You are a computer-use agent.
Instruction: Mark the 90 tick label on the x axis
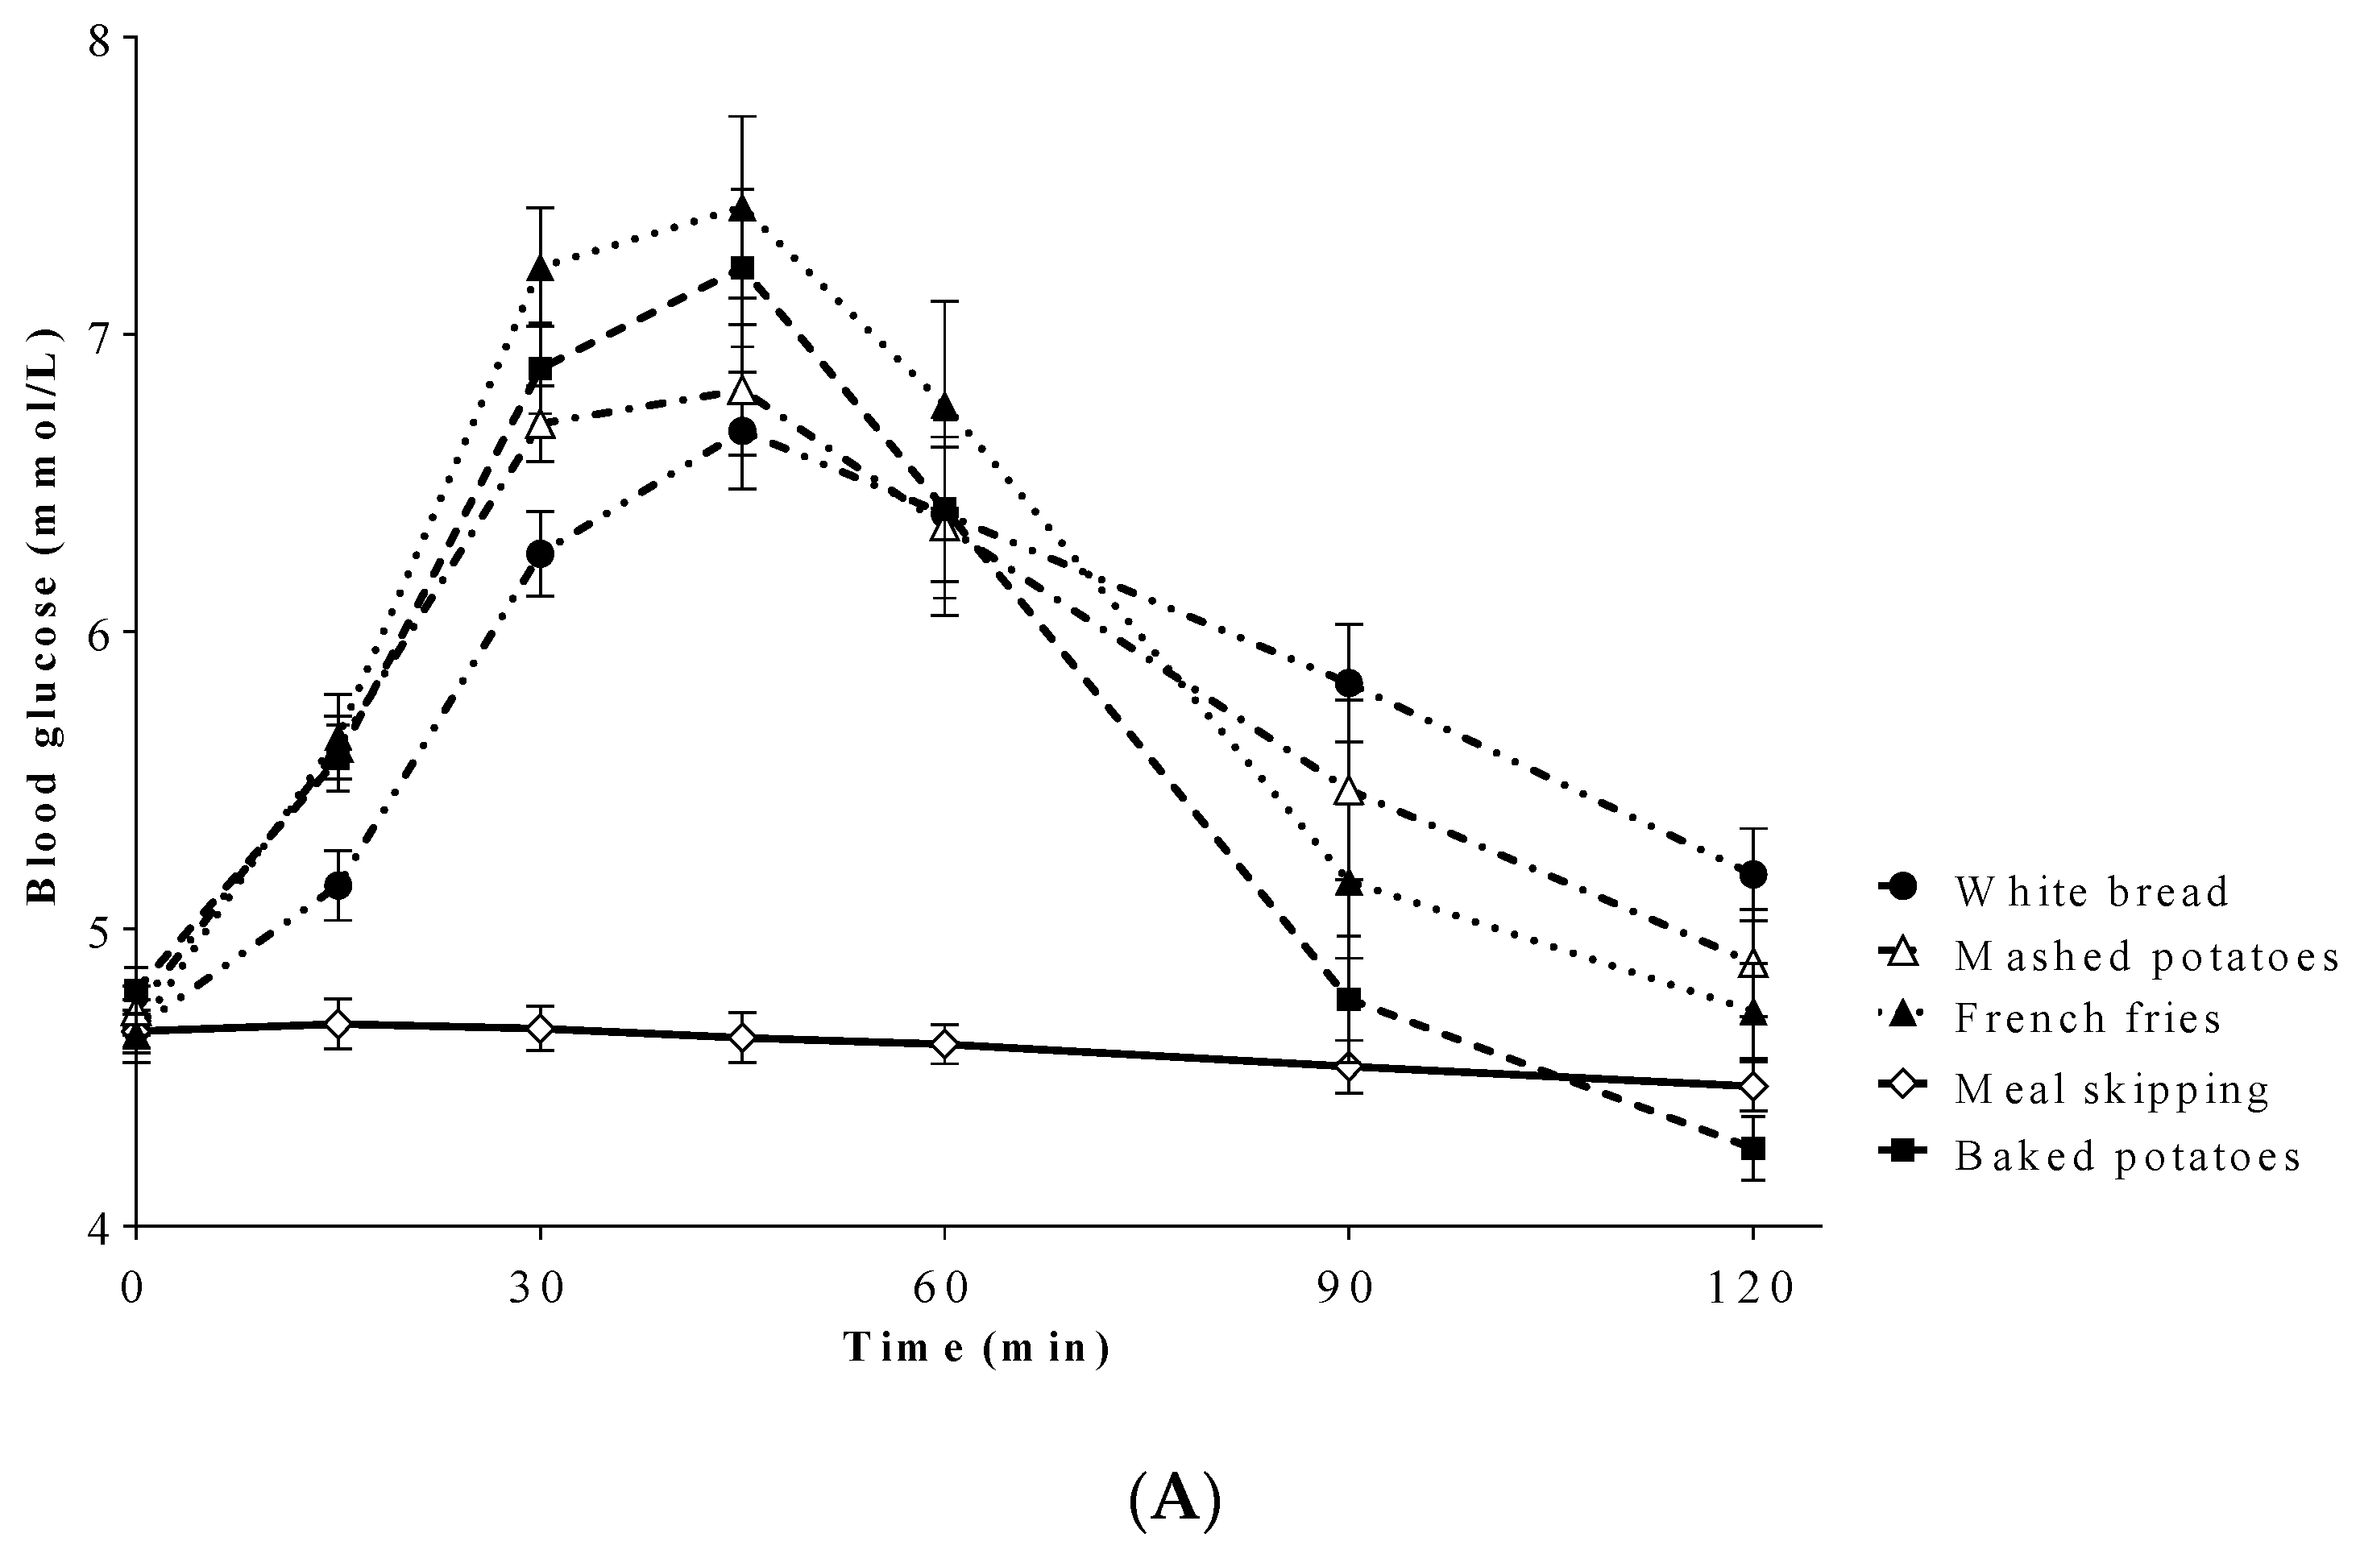click(x=1349, y=1288)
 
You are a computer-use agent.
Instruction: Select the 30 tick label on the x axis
click(x=539, y=1288)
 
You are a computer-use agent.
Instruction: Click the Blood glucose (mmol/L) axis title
click(x=42, y=615)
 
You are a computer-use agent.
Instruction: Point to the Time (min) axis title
click(x=977, y=1348)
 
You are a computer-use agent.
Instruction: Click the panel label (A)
click(x=1175, y=1501)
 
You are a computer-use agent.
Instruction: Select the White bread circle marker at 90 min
click(x=1349, y=682)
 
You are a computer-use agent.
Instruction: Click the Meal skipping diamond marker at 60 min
click(x=945, y=1044)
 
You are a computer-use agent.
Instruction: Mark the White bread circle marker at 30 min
click(x=539, y=553)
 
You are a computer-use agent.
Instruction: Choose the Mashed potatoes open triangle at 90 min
click(x=1349, y=790)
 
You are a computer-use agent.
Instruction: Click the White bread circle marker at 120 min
click(x=1753, y=874)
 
